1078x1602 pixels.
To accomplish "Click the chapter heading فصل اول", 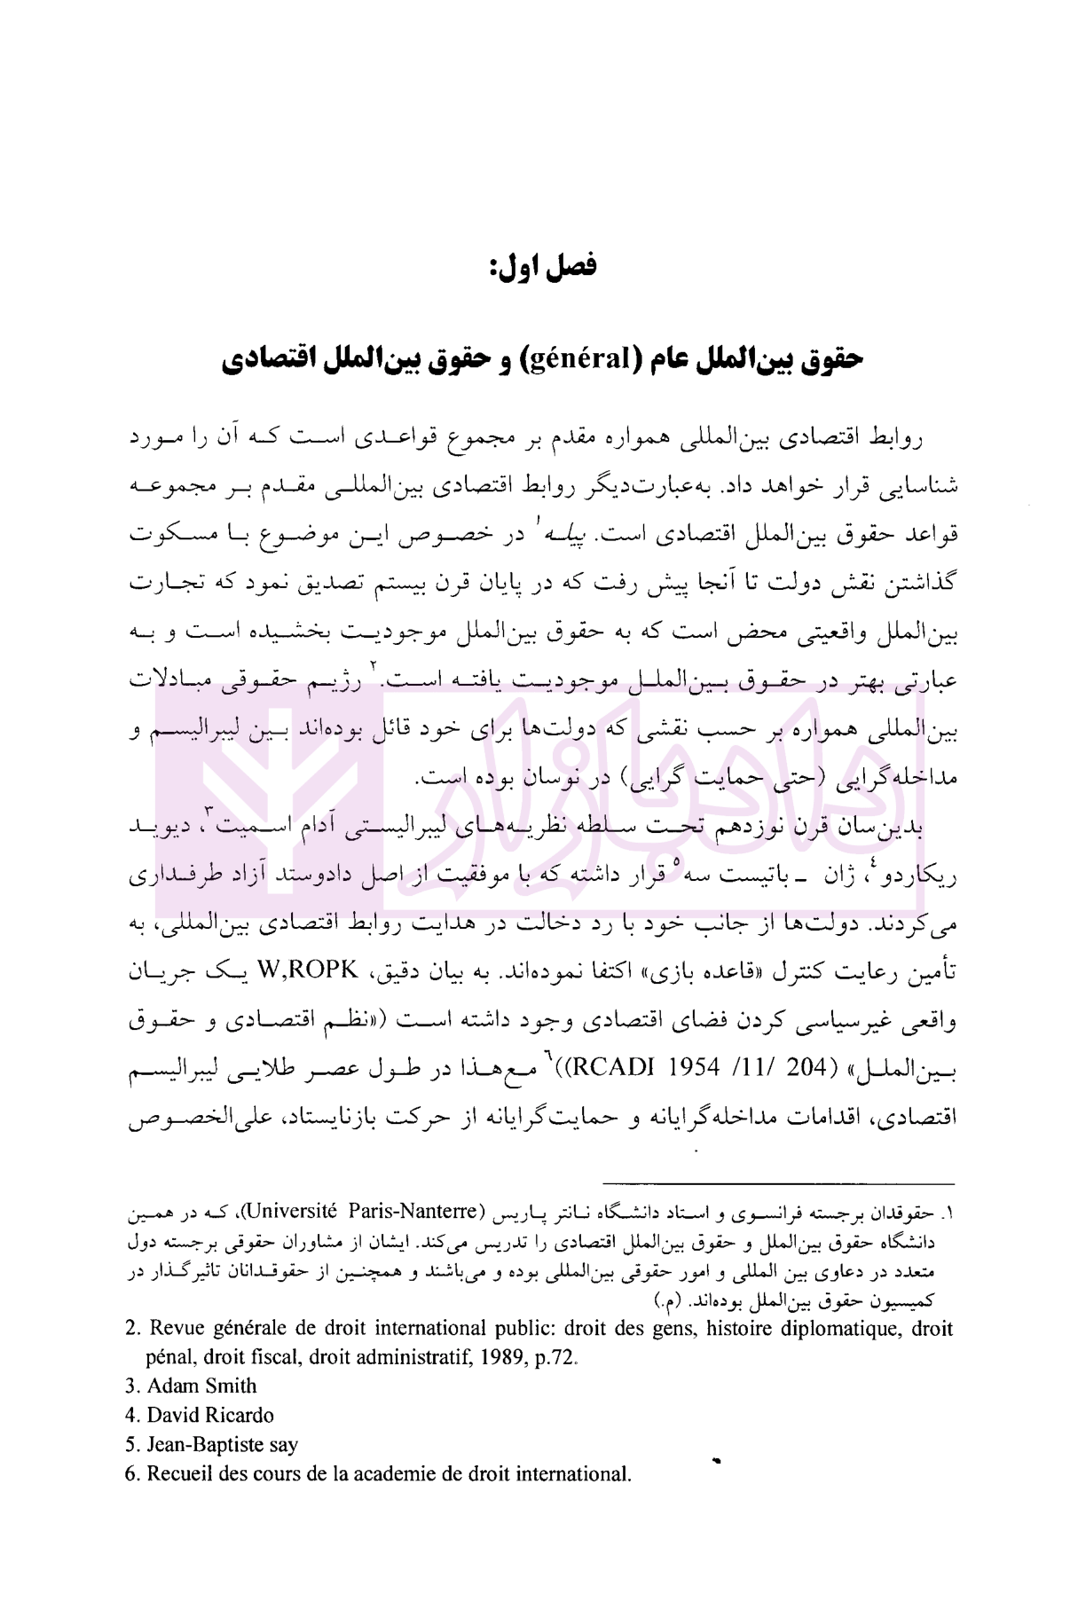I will click(544, 265).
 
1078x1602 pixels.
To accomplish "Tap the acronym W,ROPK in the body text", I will click(307, 970).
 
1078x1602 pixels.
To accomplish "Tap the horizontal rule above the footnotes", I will click(778, 1183).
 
